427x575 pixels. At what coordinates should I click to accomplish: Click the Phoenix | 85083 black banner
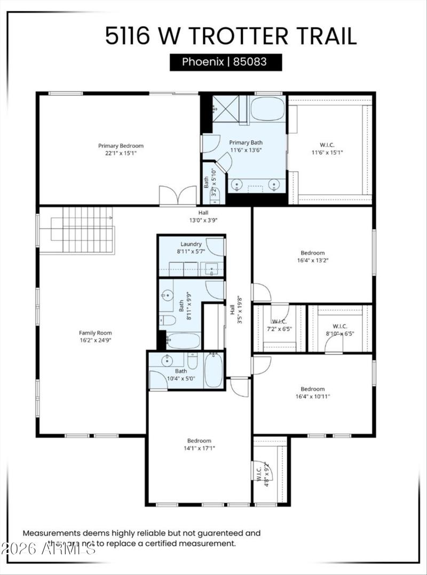[x=225, y=62]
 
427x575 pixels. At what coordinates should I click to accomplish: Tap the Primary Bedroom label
[x=121, y=146]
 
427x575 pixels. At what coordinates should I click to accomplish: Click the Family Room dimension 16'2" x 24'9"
[x=95, y=340]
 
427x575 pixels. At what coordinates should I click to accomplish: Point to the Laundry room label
[x=191, y=244]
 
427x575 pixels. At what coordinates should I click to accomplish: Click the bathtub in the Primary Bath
[x=267, y=108]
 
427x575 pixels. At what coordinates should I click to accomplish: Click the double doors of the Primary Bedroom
[x=178, y=195]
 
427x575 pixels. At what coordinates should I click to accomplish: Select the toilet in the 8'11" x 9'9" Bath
[x=168, y=320]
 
